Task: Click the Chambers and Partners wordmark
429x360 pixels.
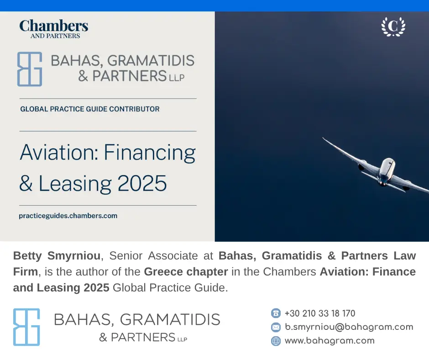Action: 54,29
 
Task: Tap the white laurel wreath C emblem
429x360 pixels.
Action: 393,26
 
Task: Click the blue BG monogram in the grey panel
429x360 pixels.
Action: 30,69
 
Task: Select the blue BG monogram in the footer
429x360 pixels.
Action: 26,327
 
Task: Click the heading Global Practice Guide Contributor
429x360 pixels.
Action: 90,109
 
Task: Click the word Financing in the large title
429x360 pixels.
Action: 150,153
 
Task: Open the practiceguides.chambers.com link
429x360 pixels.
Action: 68,216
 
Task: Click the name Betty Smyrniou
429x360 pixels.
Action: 57,256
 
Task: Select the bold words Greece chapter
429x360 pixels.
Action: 186,272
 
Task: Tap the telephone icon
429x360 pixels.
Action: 276,313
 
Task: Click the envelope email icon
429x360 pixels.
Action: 276,327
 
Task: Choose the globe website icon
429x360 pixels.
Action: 276,341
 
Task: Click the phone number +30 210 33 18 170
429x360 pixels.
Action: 320,313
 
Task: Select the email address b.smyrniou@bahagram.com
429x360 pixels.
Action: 349,327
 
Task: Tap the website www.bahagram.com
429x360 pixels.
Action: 330,340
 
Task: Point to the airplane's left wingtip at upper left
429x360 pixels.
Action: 323,138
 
